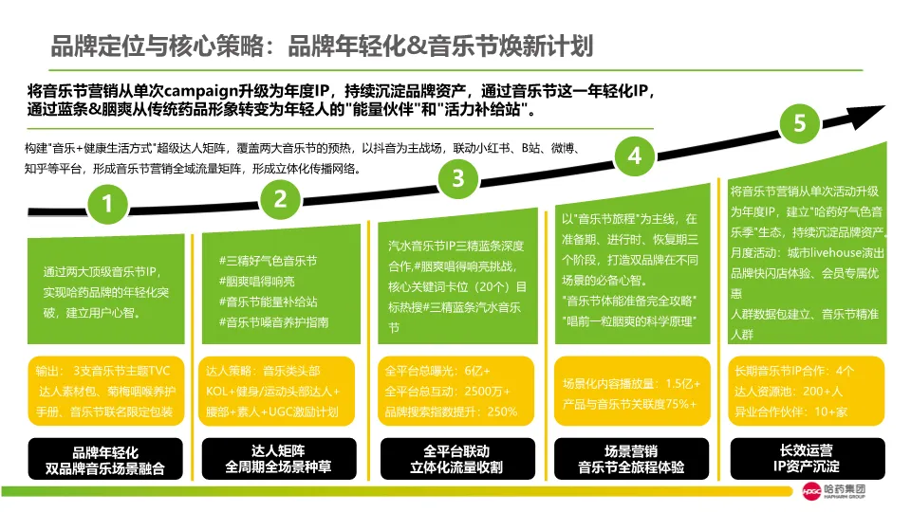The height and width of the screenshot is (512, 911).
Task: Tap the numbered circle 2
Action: click(280, 198)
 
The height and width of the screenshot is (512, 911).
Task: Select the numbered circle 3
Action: click(458, 177)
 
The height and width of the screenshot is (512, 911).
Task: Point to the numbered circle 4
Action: click(635, 156)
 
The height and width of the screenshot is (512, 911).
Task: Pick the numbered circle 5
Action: click(800, 123)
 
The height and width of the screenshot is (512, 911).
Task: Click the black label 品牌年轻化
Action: click(104, 460)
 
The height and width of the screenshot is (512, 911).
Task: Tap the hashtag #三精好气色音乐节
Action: click(268, 261)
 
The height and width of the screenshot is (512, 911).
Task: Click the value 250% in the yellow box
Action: click(502, 412)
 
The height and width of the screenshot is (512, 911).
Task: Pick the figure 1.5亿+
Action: click(680, 384)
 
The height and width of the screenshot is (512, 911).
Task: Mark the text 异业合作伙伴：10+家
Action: click(791, 412)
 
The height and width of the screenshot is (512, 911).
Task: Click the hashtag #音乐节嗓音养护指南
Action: click(274, 323)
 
